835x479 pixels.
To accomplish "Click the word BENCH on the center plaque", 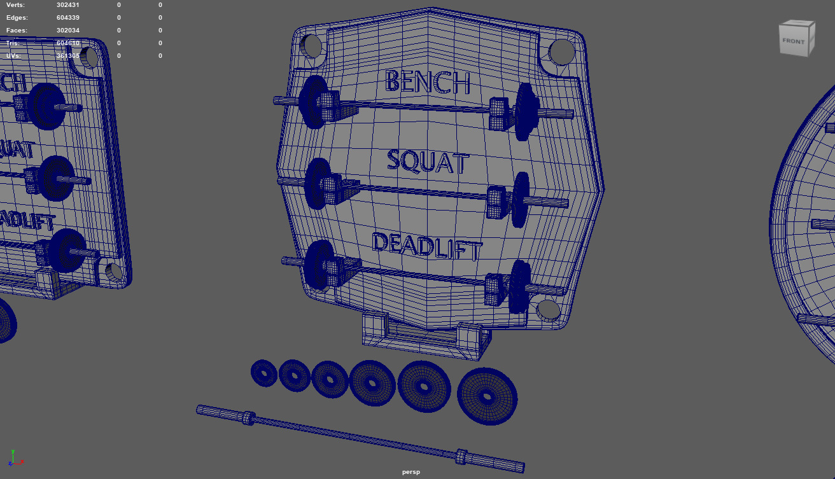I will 428,82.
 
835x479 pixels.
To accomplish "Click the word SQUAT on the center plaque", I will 428,162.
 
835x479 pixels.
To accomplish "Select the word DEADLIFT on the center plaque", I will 426,246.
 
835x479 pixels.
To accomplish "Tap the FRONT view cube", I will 796,39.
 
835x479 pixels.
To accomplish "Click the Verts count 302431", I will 67,5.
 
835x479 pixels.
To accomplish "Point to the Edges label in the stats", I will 17,18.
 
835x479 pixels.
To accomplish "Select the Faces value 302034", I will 67,31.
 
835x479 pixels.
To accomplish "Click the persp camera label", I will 411,472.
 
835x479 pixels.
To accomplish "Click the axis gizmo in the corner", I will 14,457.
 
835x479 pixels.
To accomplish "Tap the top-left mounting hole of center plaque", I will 311,46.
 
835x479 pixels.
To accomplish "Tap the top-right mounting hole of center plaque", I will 561,52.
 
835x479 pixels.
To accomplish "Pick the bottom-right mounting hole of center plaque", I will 548,310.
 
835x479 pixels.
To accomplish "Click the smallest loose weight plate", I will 263,373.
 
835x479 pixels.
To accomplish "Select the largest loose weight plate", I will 487,396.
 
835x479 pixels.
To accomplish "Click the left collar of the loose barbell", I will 249,418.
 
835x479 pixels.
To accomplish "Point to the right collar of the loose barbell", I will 461,456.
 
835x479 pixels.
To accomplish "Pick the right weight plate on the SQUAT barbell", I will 520,199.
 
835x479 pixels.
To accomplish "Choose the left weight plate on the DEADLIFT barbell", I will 318,266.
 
